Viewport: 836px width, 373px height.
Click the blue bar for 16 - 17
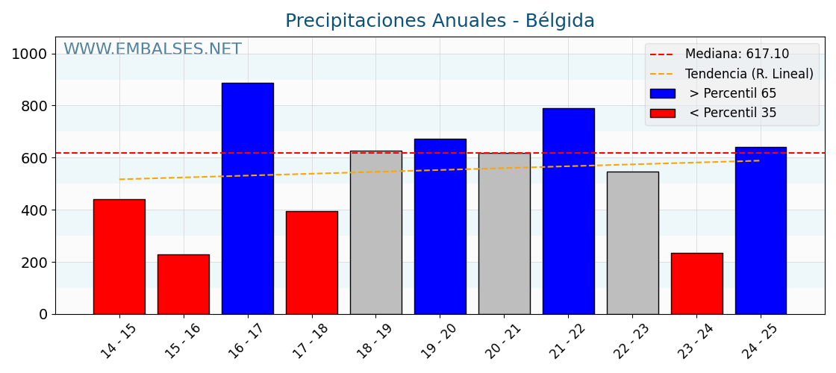(x=247, y=198)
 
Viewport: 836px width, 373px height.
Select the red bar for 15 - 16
(x=183, y=284)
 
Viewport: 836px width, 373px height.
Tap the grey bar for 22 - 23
(x=632, y=243)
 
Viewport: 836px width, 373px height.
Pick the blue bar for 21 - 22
(x=568, y=211)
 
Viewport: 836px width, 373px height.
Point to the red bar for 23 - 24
(x=696, y=283)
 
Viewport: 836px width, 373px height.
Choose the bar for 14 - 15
(x=119, y=257)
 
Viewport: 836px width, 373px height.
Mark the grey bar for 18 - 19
(x=375, y=233)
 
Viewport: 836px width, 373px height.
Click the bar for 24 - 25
(x=761, y=231)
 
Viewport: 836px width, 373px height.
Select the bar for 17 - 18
(x=311, y=263)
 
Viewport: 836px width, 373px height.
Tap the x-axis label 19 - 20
(x=439, y=342)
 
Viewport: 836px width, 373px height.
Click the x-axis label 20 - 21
(x=503, y=342)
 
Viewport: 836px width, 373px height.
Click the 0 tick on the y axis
(x=43, y=314)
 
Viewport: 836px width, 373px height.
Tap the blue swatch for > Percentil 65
(x=662, y=93)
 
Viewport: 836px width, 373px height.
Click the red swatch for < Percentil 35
(x=662, y=113)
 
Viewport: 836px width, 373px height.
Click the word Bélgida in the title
(x=560, y=21)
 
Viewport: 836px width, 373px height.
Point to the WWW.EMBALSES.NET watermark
(x=152, y=49)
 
